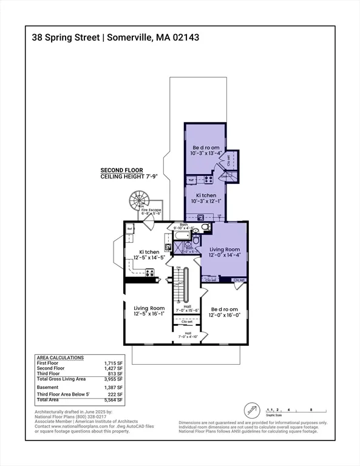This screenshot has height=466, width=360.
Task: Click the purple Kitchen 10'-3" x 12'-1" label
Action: [x=204, y=197]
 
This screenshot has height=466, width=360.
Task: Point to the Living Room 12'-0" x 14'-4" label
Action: [x=225, y=252]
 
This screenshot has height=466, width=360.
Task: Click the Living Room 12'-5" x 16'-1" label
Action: [x=149, y=311]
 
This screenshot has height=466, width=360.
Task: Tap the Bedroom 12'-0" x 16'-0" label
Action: [x=225, y=311]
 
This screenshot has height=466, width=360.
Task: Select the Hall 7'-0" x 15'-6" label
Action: [x=188, y=308]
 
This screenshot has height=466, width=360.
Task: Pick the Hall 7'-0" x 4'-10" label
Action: [x=188, y=334]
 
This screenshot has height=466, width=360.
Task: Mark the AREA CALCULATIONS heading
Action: [x=60, y=357]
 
